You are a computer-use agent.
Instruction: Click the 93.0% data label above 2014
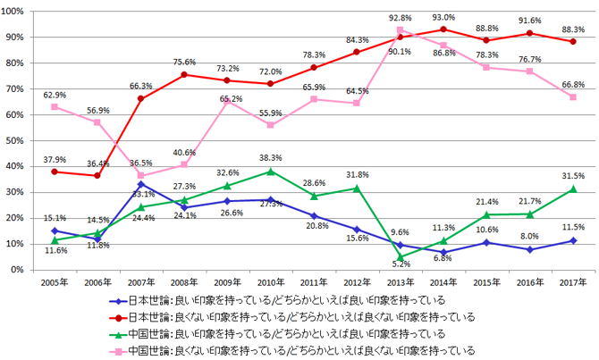(x=443, y=17)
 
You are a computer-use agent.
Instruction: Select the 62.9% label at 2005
(x=55, y=93)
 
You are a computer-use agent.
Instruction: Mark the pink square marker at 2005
(x=55, y=106)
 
